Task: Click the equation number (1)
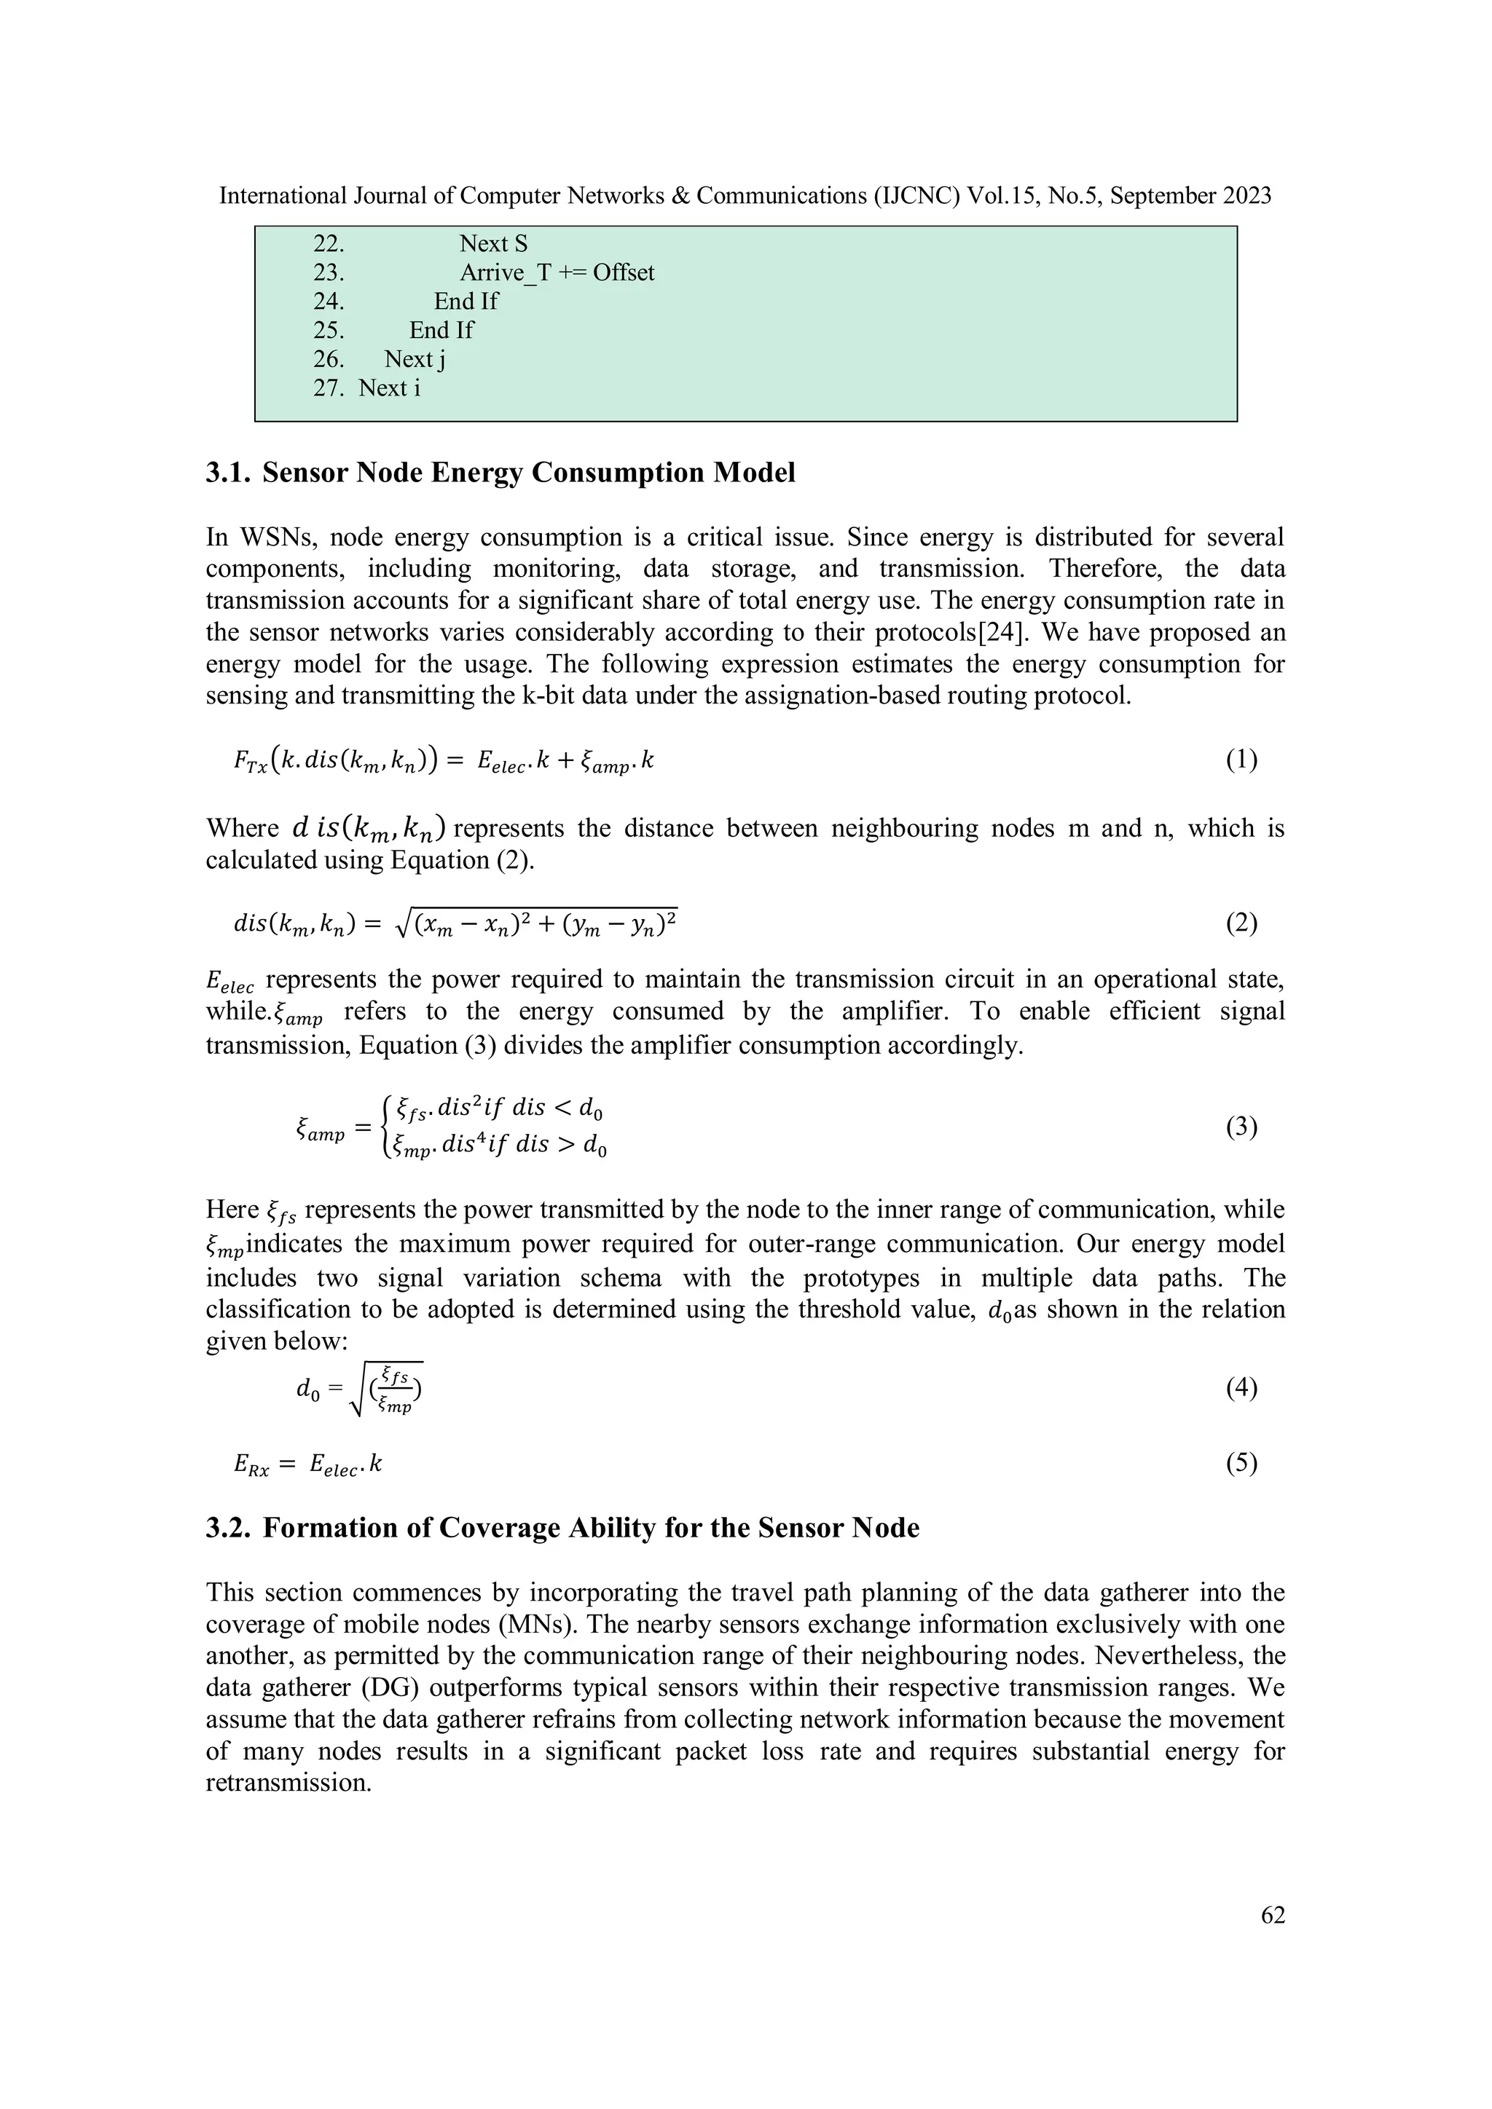coord(1241,760)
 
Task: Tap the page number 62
coord(1273,1915)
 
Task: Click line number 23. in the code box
coord(329,273)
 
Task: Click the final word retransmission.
coord(288,1783)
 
